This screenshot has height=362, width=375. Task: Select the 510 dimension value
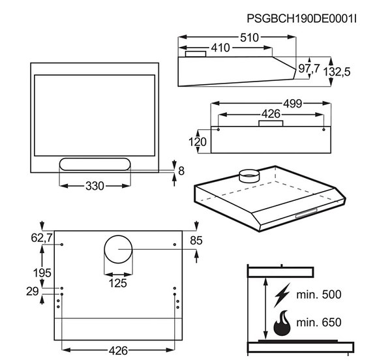pos(247,38)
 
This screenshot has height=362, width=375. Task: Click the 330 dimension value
pos(95,186)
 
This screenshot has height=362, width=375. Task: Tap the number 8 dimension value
pos(181,171)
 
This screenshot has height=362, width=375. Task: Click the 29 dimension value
pos(32,292)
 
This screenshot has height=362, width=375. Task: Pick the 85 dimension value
pos(195,240)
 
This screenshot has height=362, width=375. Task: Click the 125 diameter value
pos(117,283)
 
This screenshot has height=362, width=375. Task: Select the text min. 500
pos(318,295)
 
